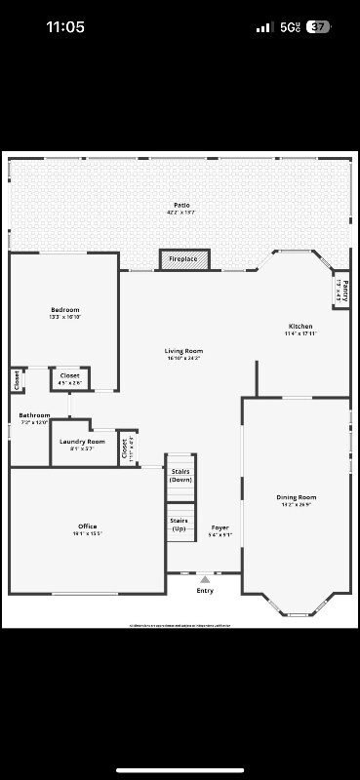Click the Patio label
click(181, 205)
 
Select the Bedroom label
click(64, 310)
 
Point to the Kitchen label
click(300, 326)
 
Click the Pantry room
click(341, 290)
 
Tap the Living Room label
click(183, 351)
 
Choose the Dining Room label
click(297, 497)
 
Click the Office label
click(87, 526)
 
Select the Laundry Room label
click(82, 442)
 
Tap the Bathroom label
click(34, 415)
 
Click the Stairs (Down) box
click(180, 476)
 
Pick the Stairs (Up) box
click(180, 525)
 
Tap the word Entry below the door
click(205, 591)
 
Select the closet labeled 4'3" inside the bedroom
click(69, 377)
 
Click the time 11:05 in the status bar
click(65, 27)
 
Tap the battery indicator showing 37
click(317, 27)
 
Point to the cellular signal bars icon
click(264, 27)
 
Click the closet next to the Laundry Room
click(127, 448)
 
